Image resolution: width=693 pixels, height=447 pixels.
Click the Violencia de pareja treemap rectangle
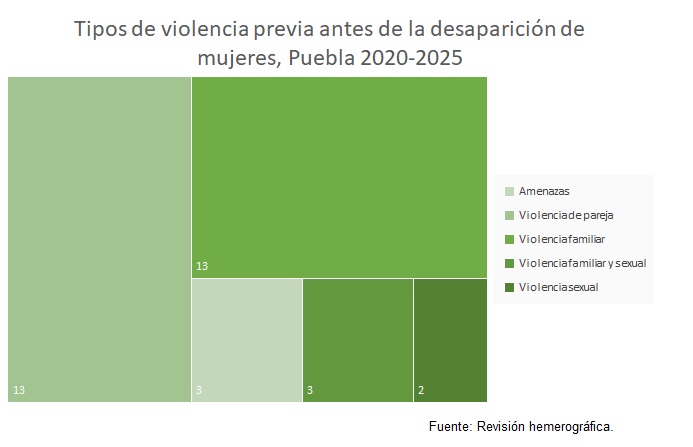(99, 240)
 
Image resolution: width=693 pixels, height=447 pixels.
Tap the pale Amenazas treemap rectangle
(246, 340)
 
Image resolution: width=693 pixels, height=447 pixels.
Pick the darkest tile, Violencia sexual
(450, 340)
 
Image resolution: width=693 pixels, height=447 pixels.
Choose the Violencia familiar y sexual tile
(357, 340)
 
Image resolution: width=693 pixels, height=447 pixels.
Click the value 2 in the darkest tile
(420, 390)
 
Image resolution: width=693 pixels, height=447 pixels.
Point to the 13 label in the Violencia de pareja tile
(20, 390)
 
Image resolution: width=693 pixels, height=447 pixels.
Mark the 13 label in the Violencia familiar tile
(202, 266)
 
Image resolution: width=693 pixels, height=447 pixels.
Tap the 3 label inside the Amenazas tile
(199, 390)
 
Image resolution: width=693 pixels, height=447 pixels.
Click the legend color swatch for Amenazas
(510, 191)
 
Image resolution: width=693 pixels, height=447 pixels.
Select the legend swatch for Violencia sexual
(510, 288)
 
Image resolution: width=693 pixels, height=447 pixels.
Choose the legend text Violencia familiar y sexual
(583, 263)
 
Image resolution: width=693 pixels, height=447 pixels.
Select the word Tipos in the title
(104, 28)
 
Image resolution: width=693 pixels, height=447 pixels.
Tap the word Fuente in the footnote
(451, 426)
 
